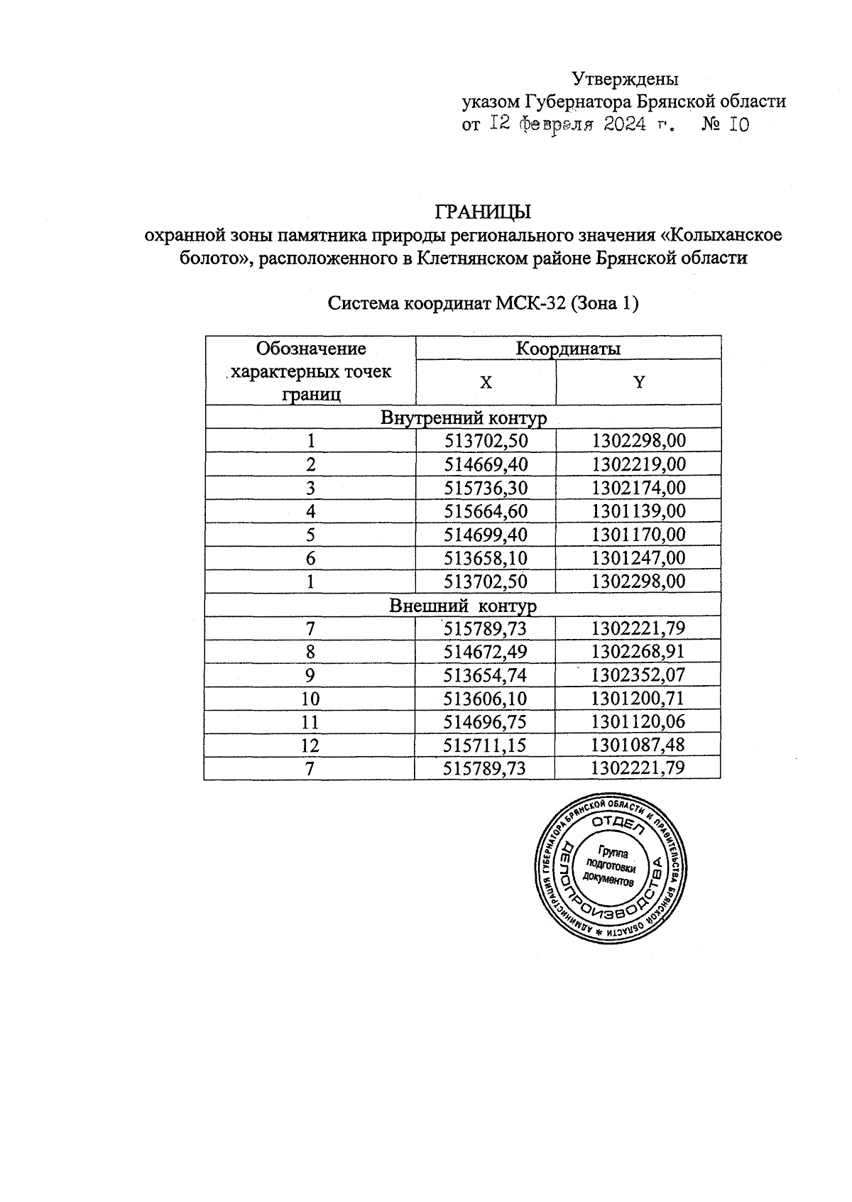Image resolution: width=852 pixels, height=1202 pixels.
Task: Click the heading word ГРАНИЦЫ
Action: [482, 212]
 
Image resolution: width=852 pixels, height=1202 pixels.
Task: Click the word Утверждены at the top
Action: [625, 78]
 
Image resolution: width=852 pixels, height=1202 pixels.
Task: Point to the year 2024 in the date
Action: [625, 125]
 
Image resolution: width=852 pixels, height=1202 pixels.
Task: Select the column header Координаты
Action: [567, 349]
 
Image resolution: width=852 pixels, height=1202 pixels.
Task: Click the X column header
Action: [486, 383]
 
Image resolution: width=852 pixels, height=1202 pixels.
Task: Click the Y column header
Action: [639, 383]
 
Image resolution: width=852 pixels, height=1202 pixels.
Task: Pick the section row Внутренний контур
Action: [464, 417]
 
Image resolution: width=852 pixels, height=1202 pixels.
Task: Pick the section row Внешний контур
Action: [463, 606]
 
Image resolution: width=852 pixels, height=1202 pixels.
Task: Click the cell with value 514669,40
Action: [486, 464]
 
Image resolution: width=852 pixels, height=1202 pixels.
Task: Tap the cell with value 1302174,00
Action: [639, 488]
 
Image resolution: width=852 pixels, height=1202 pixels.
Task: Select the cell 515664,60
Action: [486, 511]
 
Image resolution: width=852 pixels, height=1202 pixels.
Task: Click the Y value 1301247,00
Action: [639, 558]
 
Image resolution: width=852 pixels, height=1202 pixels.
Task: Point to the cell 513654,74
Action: [486, 675]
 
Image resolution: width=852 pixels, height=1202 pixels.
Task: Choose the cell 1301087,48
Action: [639, 745]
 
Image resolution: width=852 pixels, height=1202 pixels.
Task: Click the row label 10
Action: [310, 699]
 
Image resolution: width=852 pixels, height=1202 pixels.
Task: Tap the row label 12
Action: [310, 745]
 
